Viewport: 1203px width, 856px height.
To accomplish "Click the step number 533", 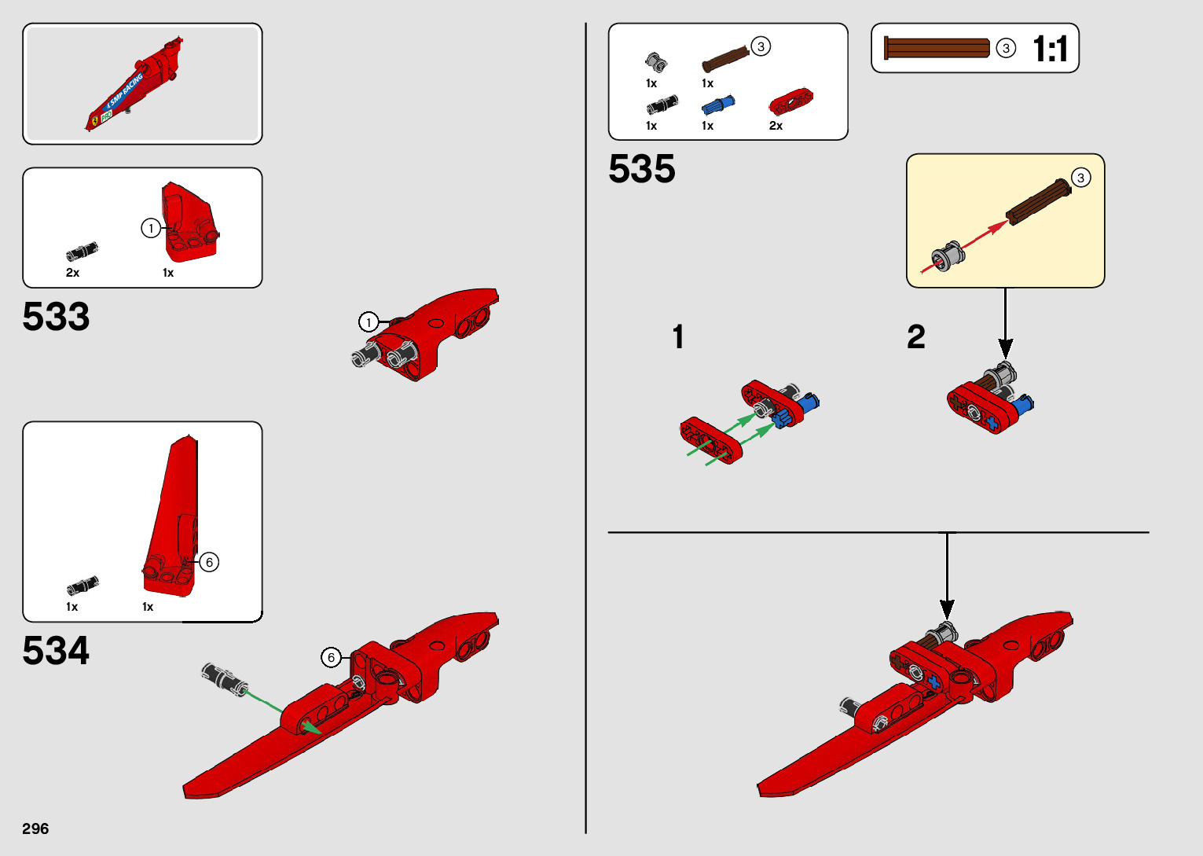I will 56,317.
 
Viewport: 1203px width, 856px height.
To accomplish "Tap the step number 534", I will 56,651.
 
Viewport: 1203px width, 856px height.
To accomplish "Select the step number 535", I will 641,169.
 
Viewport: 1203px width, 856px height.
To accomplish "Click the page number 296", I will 35,828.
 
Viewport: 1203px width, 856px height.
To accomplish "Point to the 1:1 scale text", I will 1050,49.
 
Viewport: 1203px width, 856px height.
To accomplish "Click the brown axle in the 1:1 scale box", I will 937,48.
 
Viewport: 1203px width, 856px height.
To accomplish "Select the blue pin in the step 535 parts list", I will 717,105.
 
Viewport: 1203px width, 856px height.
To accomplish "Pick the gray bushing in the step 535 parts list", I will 655,61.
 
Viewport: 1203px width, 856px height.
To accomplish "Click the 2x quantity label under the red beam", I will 776,126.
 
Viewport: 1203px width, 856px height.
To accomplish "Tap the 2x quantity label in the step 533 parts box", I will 72,273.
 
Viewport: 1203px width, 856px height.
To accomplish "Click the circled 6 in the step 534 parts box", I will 209,562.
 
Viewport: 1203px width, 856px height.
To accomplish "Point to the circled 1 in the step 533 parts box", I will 151,229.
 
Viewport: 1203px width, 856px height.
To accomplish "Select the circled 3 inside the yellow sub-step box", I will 1080,178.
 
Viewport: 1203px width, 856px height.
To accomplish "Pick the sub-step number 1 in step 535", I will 678,337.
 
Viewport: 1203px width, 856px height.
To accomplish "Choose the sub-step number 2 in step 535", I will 916,337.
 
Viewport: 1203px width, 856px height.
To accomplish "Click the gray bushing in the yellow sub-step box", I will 948,257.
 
